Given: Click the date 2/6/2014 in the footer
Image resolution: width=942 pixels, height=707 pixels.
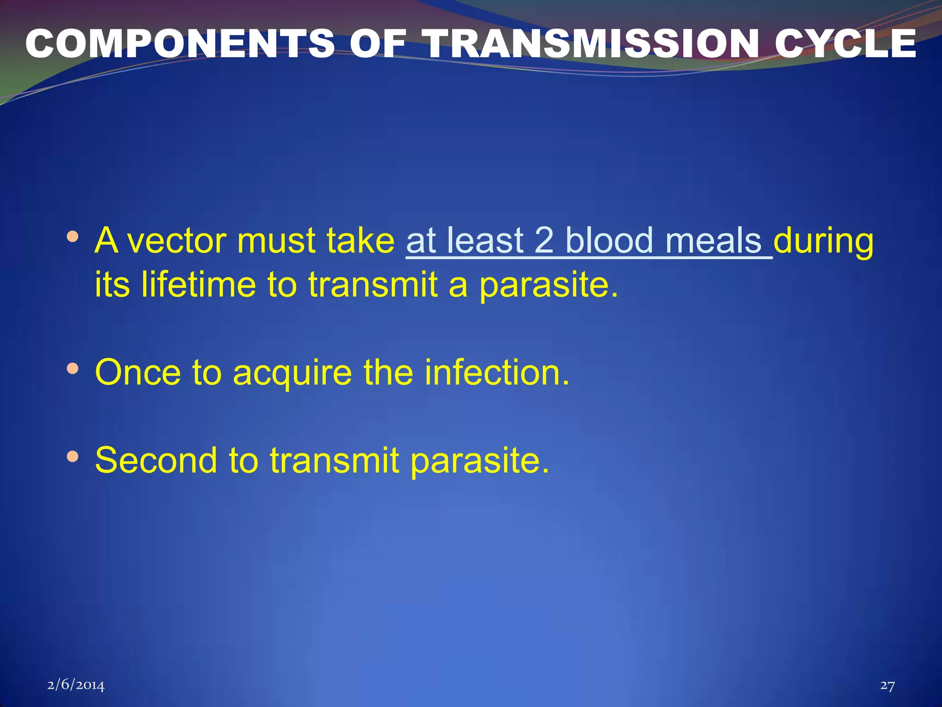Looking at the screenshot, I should (76, 685).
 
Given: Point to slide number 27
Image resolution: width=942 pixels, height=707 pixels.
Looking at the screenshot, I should (887, 685).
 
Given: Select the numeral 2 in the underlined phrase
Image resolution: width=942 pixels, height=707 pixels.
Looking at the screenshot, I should (544, 241).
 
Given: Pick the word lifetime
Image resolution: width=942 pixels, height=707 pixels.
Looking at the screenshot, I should (198, 284).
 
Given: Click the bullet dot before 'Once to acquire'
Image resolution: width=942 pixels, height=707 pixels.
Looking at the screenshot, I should (73, 368).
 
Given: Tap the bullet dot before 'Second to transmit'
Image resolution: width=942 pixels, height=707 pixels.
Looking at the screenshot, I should (73, 456).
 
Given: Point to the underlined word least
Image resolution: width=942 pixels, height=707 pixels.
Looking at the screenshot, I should (485, 241).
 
